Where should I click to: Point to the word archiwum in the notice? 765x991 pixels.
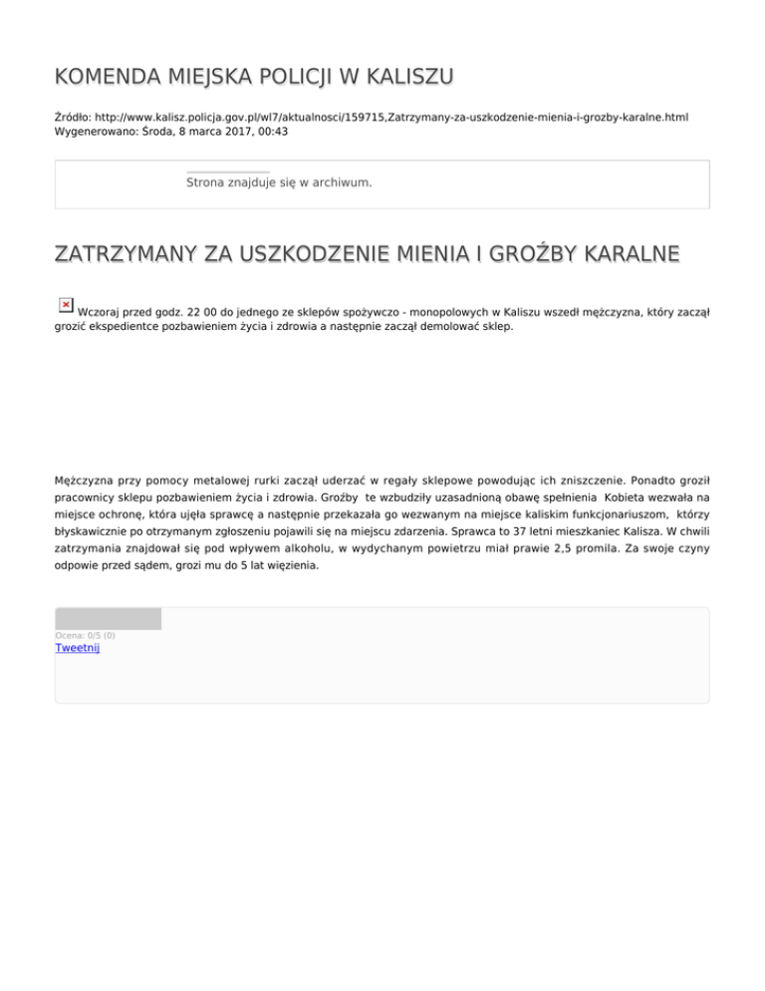[339, 183]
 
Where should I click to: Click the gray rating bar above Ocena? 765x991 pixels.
[108, 618]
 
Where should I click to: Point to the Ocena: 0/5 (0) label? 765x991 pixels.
[85, 635]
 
